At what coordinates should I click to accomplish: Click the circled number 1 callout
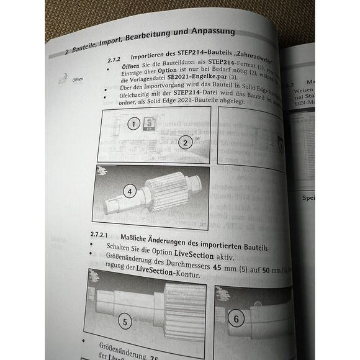[x=132, y=124]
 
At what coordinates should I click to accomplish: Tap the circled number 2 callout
[x=184, y=143]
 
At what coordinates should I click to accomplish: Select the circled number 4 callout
[x=129, y=192]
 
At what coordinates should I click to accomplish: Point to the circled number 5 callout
[x=125, y=321]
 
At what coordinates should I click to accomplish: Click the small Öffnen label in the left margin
[x=78, y=80]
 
